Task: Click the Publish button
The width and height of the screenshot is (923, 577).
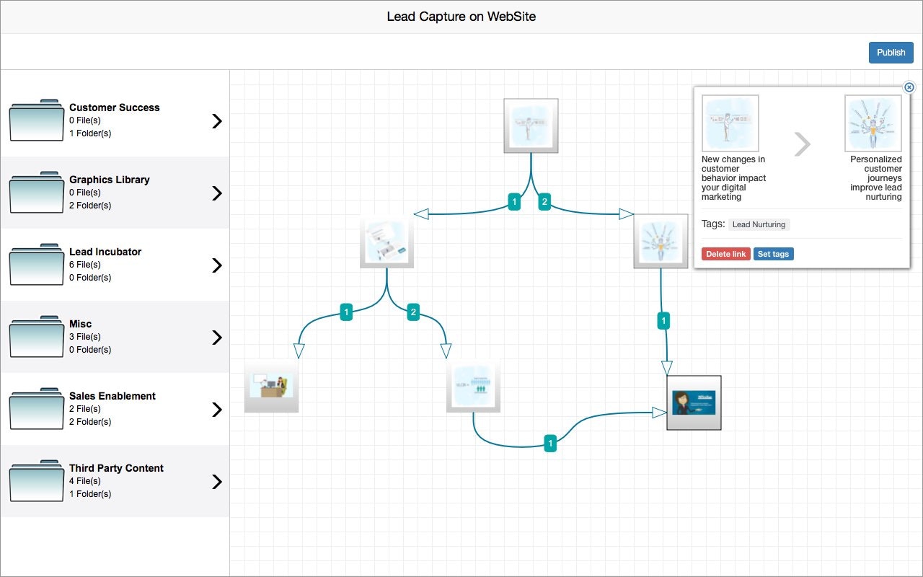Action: (x=891, y=53)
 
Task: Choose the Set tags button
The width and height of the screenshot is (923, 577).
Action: (x=773, y=254)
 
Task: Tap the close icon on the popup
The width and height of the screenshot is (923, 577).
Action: (x=909, y=87)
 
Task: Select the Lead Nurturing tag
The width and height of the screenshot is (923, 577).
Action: (x=759, y=224)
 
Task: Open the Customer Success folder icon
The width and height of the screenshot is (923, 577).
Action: (x=36, y=120)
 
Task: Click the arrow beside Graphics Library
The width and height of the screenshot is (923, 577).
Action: (x=216, y=193)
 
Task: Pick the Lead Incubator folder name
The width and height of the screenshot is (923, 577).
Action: (x=105, y=252)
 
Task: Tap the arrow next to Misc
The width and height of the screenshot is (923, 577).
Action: (x=216, y=338)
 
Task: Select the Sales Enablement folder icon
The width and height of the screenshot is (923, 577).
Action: (x=36, y=409)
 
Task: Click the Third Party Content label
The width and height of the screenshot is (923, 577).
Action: (x=116, y=468)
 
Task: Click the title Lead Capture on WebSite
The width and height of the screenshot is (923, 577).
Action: (x=461, y=17)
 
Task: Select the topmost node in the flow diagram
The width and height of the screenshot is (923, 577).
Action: (x=531, y=125)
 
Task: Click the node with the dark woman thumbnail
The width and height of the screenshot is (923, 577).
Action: (x=694, y=402)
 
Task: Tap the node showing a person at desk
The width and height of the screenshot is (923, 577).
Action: (x=271, y=385)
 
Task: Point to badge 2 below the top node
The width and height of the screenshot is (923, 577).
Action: (x=545, y=203)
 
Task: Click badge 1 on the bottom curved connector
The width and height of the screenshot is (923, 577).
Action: (x=550, y=444)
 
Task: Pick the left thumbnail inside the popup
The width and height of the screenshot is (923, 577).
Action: (x=730, y=123)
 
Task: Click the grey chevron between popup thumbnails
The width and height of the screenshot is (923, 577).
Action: (x=802, y=144)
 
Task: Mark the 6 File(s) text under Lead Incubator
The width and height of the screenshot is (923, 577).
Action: (x=84, y=265)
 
